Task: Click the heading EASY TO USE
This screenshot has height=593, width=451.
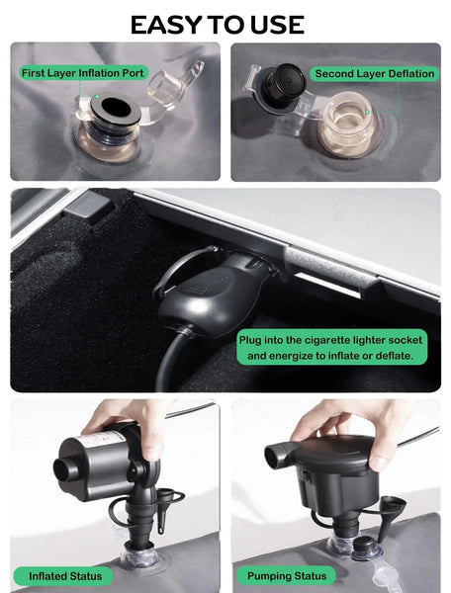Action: (218, 25)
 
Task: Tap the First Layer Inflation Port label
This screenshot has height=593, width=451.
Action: (83, 72)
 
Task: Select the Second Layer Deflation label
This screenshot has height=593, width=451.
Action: (374, 73)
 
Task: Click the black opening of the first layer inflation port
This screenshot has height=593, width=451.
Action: (116, 107)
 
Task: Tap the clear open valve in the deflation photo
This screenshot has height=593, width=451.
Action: (348, 125)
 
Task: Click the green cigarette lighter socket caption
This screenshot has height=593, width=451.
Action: (331, 347)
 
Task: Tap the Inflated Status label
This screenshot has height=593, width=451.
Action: (63, 576)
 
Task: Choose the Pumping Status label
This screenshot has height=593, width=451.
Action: (287, 576)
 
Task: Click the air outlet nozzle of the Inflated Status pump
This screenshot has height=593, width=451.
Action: (66, 470)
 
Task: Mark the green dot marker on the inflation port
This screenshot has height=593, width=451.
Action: (97, 97)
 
